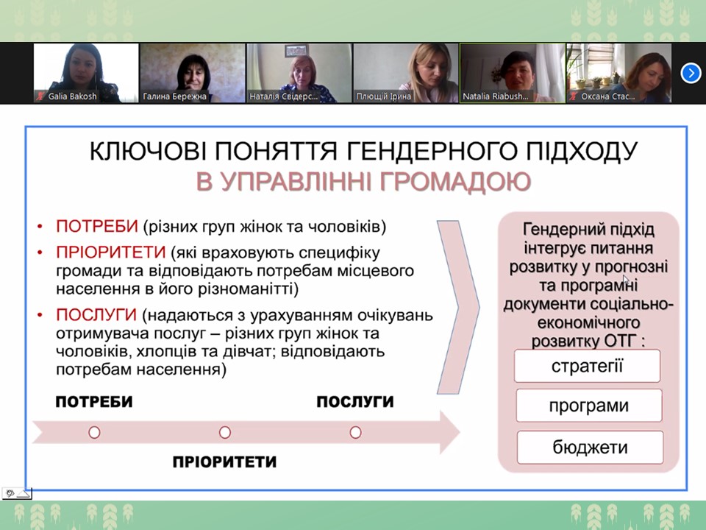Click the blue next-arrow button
[x=691, y=73]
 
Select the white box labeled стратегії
[x=587, y=366]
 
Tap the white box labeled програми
[x=589, y=406]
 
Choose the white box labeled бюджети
[x=591, y=447]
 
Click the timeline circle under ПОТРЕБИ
[x=94, y=433]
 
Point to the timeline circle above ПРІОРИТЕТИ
[x=225, y=433]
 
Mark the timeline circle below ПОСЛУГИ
[x=355, y=433]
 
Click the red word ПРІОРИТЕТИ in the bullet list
[x=111, y=252]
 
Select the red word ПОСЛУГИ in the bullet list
[x=96, y=314]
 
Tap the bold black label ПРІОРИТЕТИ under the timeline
[x=224, y=462]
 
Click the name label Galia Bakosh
[x=72, y=96]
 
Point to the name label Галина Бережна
[x=175, y=96]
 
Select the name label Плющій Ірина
[x=384, y=96]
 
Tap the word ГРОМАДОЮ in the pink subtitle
[x=456, y=182]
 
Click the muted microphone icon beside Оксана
[x=573, y=96]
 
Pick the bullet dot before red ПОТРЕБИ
[x=40, y=226]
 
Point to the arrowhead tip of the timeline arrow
[x=459, y=433]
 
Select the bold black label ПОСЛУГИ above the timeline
[x=354, y=402]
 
